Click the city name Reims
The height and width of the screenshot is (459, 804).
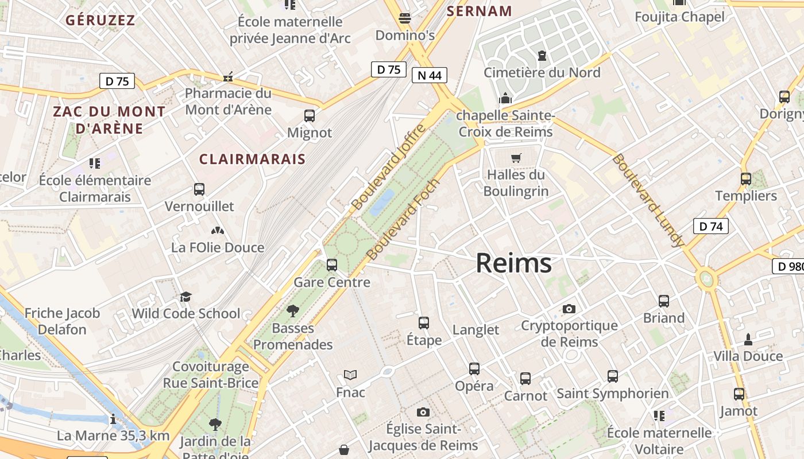click(513, 263)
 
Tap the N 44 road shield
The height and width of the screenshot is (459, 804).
click(429, 75)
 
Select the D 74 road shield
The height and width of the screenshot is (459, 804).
click(710, 226)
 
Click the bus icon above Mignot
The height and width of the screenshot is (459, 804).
click(310, 116)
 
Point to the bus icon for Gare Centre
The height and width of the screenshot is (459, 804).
click(332, 265)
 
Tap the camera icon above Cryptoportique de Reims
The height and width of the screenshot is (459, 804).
click(569, 309)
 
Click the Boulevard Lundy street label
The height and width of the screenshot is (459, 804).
click(648, 200)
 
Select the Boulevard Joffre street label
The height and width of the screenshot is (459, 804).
click(389, 166)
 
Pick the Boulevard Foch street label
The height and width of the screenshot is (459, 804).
click(403, 219)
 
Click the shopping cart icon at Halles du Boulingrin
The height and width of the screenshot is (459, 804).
click(516, 158)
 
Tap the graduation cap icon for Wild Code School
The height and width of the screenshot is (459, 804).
click(185, 297)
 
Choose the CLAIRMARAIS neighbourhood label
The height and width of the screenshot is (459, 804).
click(252, 159)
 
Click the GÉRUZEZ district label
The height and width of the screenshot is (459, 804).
click(100, 20)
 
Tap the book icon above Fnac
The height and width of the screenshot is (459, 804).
click(350, 375)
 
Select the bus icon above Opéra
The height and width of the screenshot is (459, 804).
click(474, 369)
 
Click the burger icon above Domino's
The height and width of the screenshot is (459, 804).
click(405, 18)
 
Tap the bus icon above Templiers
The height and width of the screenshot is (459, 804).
click(745, 179)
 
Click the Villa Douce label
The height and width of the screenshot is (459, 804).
click(748, 356)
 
